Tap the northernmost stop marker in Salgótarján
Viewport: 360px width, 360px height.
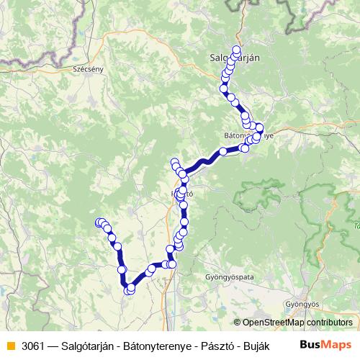click(236, 49)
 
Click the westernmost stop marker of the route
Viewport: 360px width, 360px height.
click(99, 222)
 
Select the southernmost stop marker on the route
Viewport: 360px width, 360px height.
click(128, 290)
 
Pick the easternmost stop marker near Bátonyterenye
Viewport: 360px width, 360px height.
click(260, 129)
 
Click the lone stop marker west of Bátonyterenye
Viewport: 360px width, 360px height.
click(223, 151)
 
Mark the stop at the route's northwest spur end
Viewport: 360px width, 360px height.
click(174, 163)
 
